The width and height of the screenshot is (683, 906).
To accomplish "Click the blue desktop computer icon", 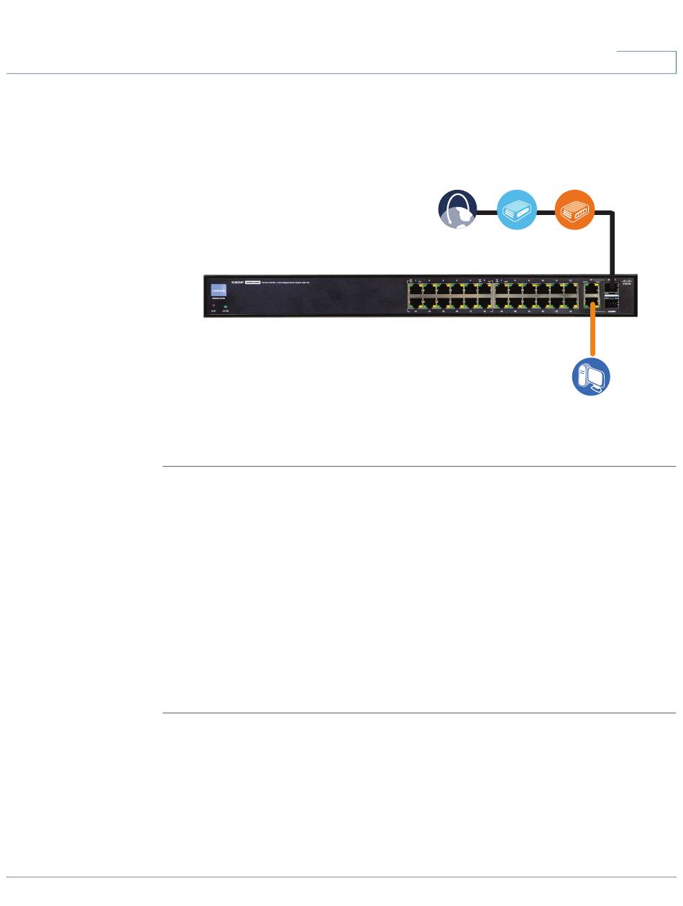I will [591, 377].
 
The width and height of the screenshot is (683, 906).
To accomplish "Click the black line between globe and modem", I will [487, 211].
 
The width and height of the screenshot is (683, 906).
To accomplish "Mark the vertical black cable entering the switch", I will [612, 244].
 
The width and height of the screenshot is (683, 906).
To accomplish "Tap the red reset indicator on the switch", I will [214, 306].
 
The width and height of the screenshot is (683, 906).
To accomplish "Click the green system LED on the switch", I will [226, 306].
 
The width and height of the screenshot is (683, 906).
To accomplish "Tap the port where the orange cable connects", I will [592, 305].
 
